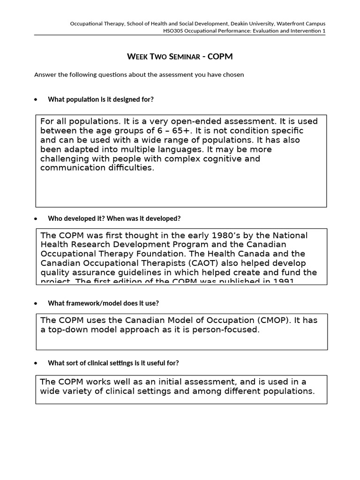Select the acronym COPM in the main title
point(220,57)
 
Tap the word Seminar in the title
point(181,57)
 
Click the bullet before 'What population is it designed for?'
point(37,99)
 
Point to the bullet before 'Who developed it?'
point(37,219)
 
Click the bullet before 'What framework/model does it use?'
point(37,303)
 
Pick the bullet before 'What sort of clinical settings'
point(37,363)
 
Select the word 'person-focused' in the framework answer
point(230,330)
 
